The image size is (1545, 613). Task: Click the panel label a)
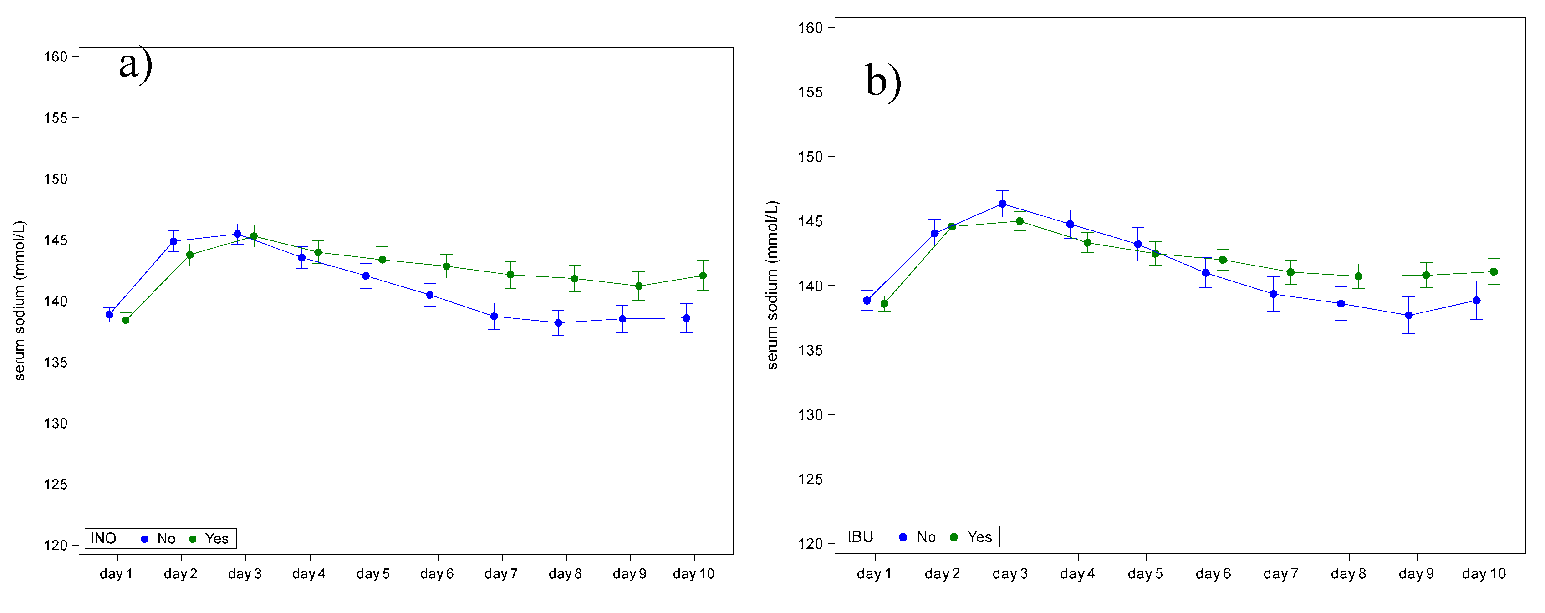(136, 64)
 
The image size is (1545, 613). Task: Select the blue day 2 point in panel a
(173, 241)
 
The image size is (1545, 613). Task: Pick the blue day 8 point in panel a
(558, 323)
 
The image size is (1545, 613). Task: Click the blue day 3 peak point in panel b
(1002, 204)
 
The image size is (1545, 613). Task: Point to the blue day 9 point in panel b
(1408, 316)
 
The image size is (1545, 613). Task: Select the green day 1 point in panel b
(884, 303)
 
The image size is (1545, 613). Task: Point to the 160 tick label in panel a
(55, 56)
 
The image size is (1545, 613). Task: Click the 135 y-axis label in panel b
(810, 350)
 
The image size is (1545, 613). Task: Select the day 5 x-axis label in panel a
(372, 573)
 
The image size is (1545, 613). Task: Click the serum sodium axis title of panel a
(19, 301)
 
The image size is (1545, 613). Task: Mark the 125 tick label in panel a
(55, 484)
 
